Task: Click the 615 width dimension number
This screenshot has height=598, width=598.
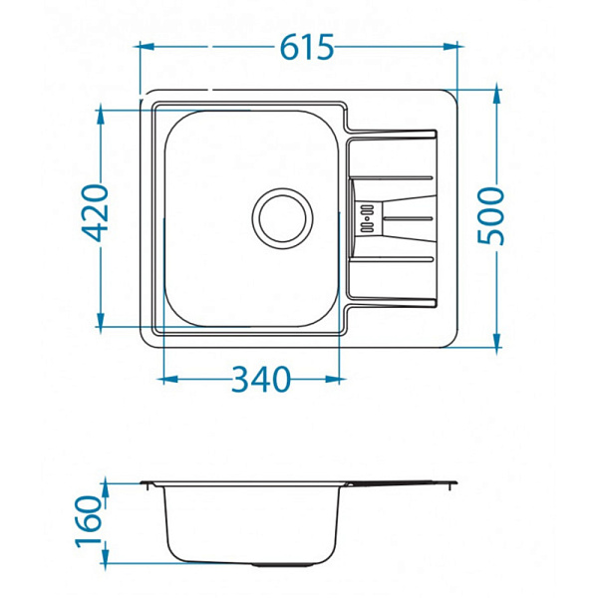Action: click(x=307, y=47)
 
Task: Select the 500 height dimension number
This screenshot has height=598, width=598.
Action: click(x=490, y=215)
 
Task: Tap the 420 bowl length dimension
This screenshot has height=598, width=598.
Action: click(x=96, y=213)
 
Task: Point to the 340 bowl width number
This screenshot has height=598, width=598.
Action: click(x=261, y=379)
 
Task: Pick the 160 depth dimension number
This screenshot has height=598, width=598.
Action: click(x=89, y=521)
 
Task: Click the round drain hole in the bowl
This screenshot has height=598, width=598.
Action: click(x=282, y=218)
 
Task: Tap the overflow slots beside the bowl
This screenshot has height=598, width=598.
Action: click(x=367, y=218)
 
